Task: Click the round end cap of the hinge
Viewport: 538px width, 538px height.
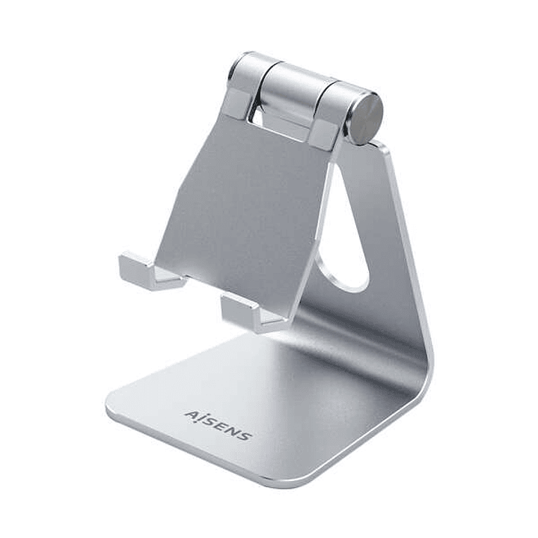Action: [x=367, y=118]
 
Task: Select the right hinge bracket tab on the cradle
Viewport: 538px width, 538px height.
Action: [x=324, y=132]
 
